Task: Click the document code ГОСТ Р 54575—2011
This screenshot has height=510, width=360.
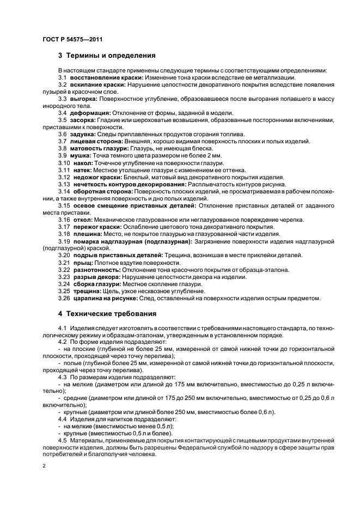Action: point(72,40)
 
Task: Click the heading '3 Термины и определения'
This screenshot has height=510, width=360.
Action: point(107,56)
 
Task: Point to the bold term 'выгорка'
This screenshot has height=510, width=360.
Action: point(83,99)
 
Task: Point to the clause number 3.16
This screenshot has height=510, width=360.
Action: point(64,220)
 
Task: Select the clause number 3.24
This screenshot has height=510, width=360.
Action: point(64,284)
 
